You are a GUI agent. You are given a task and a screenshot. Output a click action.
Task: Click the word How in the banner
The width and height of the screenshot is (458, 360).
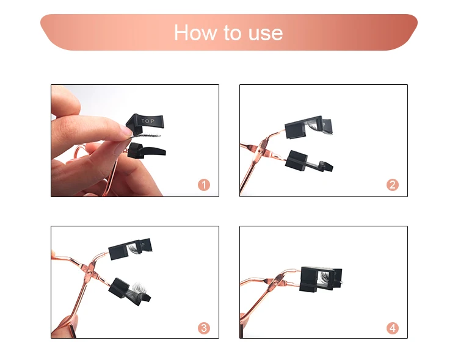pos(195,32)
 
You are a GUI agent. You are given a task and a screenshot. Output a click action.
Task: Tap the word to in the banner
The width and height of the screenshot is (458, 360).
pos(233,32)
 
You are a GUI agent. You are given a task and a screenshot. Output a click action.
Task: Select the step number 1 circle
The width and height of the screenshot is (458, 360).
pos(204,185)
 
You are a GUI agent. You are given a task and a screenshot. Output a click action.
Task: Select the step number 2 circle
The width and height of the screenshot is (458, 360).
pos(393,185)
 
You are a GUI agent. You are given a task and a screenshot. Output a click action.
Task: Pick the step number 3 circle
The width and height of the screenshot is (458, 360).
pos(204,328)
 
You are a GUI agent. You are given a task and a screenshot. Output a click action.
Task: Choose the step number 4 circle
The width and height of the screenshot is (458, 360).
pos(393,328)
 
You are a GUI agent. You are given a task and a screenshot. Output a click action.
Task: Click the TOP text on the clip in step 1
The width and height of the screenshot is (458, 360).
pos(148,121)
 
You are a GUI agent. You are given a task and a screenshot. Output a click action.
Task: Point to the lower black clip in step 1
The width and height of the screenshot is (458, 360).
pos(146,151)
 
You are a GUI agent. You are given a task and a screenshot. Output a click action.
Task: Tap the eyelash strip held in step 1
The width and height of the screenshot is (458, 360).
pos(145,135)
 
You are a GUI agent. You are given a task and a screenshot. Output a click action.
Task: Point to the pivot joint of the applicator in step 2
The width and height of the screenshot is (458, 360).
pos(261,151)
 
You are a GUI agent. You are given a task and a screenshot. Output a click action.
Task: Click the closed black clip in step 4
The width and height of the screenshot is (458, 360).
pos(321,279)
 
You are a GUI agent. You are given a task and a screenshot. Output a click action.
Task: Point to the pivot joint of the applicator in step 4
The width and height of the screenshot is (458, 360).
pos(276,282)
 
